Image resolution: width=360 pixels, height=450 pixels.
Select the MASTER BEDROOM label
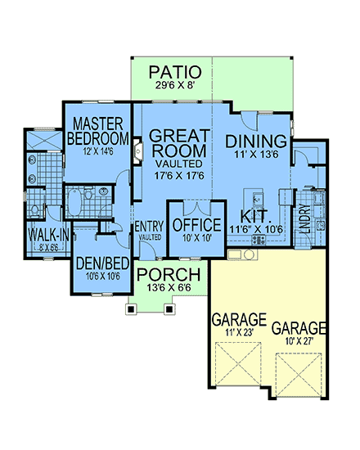(98, 130)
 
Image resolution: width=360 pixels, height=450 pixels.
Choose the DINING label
(255, 140)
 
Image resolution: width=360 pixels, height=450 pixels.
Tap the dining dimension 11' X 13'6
(255, 154)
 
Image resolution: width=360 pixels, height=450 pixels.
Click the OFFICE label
(196, 224)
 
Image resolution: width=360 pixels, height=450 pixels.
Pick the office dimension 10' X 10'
(196, 238)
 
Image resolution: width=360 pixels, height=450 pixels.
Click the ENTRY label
(150, 226)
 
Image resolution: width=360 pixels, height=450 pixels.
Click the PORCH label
(170, 273)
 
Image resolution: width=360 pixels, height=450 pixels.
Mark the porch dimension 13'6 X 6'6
(170, 287)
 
